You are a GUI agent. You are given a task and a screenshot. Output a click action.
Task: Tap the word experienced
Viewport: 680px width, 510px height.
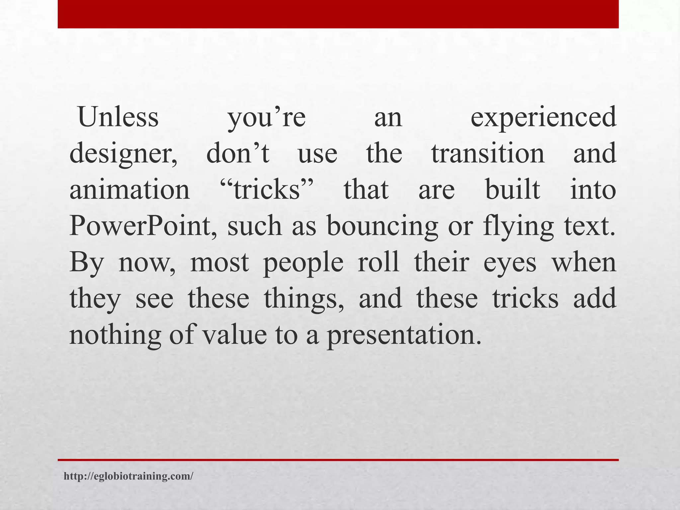(544, 118)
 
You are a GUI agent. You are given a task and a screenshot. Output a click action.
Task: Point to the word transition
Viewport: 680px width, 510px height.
(488, 153)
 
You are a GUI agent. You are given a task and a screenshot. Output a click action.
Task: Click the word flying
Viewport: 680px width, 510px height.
(518, 226)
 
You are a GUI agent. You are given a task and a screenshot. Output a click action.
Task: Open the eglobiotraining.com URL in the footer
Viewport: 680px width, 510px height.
(128, 476)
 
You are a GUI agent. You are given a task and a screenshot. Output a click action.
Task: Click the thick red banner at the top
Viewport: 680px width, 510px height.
(338, 14)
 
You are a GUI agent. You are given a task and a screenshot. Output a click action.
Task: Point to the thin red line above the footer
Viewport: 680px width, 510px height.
(338, 460)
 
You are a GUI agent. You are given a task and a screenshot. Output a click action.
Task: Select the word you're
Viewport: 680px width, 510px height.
(266, 118)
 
